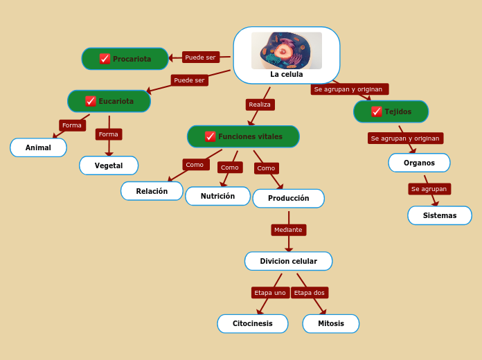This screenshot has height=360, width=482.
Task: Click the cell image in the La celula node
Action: (x=286, y=51)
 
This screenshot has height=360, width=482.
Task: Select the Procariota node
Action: (x=125, y=59)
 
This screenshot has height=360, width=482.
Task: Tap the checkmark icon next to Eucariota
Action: (x=91, y=101)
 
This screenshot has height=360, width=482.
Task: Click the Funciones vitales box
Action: (x=243, y=136)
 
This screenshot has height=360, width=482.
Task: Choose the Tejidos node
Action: (x=391, y=111)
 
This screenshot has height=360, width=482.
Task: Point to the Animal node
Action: (x=38, y=147)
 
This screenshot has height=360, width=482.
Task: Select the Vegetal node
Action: (x=109, y=165)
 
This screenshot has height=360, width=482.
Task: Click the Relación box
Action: (x=152, y=191)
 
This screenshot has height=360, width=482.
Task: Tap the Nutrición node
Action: (x=217, y=196)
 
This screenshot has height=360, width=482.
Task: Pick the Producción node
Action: (x=288, y=198)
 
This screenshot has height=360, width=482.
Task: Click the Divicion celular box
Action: (x=288, y=261)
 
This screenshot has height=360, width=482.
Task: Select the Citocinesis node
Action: (x=252, y=323)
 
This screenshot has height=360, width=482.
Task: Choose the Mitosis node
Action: (x=330, y=323)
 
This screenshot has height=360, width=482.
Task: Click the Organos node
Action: (x=419, y=163)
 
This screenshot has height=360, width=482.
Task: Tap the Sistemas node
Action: (x=439, y=215)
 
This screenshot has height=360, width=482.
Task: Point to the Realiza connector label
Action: (x=260, y=105)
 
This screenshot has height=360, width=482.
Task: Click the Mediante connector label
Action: (x=288, y=230)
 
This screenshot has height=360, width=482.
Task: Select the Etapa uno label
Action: (x=270, y=293)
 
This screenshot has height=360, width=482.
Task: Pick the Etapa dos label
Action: (x=309, y=293)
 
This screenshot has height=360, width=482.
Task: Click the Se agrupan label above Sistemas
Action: (x=429, y=189)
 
